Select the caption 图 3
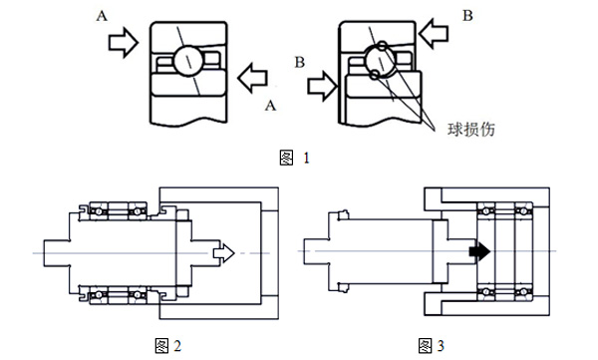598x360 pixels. point(432,346)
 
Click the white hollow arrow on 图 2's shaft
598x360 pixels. point(223,253)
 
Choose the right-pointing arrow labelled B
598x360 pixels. point(321,87)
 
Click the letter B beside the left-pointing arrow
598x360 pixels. point(469,15)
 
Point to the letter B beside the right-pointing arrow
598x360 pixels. point(299,62)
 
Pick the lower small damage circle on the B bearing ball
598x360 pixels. point(371,76)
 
